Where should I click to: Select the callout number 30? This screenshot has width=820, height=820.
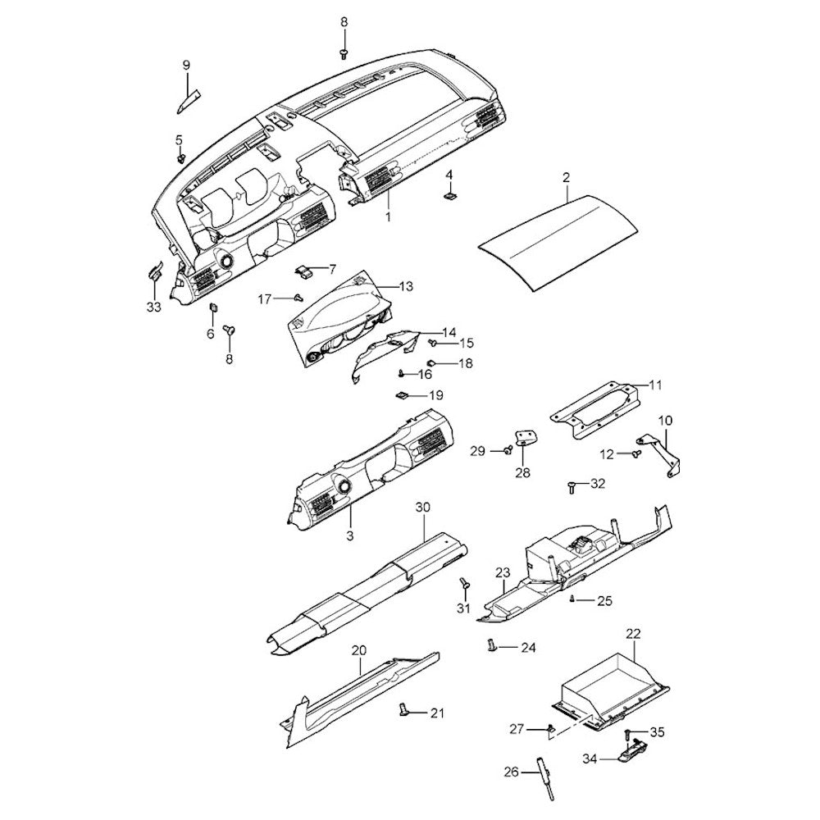coord(422,507)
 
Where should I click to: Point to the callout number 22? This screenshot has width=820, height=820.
coord(633,633)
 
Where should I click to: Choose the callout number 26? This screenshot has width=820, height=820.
coord(511,771)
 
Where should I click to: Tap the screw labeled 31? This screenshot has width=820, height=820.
coord(463,584)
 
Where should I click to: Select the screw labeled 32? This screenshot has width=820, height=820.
coord(571,487)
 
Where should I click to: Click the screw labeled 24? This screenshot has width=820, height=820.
coord(492,645)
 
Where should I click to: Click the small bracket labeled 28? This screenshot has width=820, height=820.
coord(523,438)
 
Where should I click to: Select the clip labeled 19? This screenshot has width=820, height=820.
coord(402,396)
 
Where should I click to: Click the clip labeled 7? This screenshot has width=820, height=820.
coord(304,270)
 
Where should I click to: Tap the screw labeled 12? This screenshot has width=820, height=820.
coord(635,452)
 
